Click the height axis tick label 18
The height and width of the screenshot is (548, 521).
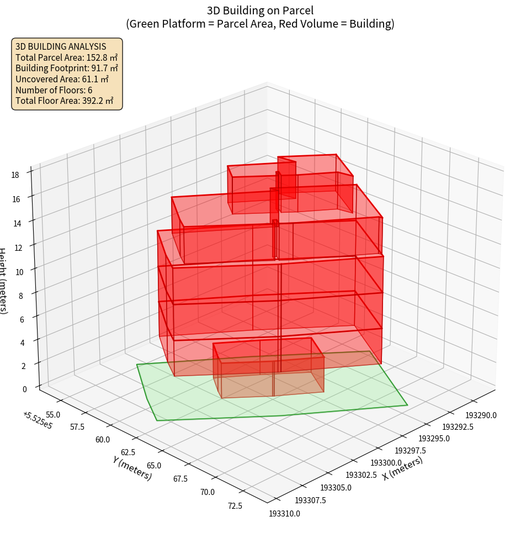pyautogui.click(x=15, y=175)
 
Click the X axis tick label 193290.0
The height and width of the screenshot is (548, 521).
pyautogui.click(x=481, y=415)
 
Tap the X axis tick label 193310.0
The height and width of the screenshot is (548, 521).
pyautogui.click(x=285, y=514)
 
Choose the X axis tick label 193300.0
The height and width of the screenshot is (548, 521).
pyautogui.click(x=386, y=462)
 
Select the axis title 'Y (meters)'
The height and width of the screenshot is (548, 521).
pyautogui.click(x=132, y=468)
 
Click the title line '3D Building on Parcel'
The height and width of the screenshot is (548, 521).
pyautogui.click(x=260, y=10)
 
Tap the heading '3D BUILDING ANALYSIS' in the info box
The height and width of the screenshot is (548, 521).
pyautogui.click(x=61, y=46)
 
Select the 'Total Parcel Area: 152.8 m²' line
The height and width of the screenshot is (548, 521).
pyautogui.click(x=66, y=57)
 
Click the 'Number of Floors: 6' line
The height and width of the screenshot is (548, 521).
pyautogui.click(x=54, y=90)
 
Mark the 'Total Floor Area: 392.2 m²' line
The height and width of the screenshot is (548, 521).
pyautogui.click(x=65, y=101)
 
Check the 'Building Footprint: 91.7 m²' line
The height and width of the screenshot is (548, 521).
pyautogui.click(x=67, y=68)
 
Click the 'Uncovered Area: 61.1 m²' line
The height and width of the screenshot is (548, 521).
pyautogui.click(x=62, y=79)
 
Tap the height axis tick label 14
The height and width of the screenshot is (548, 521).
pyautogui.click(x=18, y=224)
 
